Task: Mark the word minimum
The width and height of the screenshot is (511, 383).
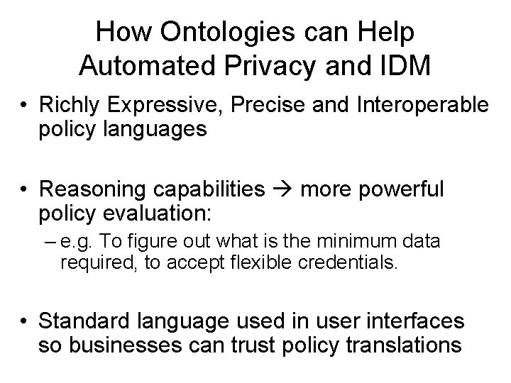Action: tap(367, 243)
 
